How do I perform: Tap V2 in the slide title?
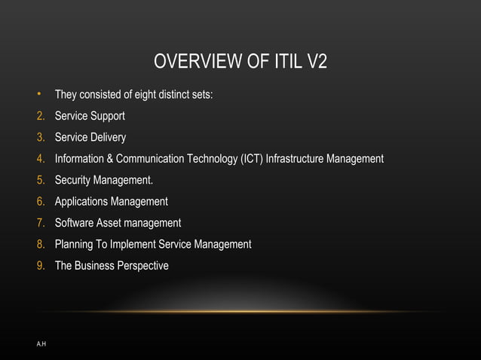[317, 62]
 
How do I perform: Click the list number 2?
[40, 117]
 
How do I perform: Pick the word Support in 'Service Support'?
[107, 117]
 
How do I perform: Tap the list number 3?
[40, 138]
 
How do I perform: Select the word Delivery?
[108, 138]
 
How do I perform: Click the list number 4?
[40, 159]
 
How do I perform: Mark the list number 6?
[40, 202]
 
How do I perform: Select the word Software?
[75, 223]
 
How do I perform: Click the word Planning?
[74, 244]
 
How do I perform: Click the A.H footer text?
[41, 343]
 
